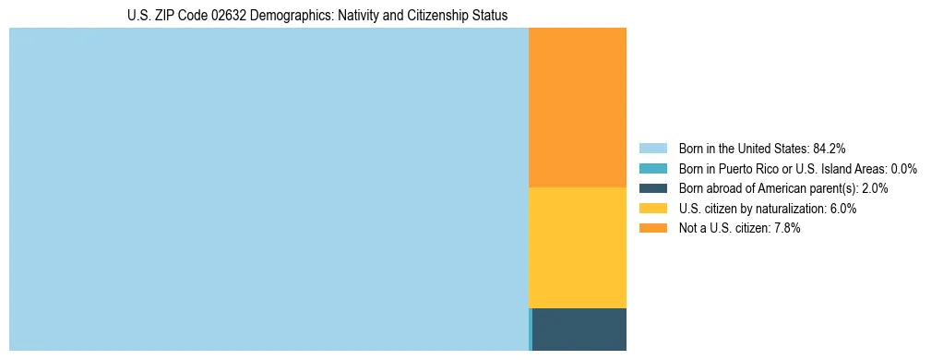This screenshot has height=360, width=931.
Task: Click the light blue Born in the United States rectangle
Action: (268, 189)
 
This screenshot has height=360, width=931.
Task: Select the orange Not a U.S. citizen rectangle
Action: (578, 107)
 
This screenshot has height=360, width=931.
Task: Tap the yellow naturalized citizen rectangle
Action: (578, 247)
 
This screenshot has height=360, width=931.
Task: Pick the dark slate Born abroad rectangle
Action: (579, 329)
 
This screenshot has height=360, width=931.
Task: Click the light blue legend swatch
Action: (652, 148)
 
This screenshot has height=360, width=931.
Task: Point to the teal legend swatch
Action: (652, 168)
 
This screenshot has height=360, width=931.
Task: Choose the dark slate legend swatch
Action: (652, 188)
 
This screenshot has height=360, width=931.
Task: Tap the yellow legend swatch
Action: (652, 209)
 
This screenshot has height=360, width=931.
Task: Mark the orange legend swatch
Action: (652, 228)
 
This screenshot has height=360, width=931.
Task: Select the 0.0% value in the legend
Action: (904, 168)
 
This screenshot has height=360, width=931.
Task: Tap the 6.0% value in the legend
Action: (841, 209)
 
